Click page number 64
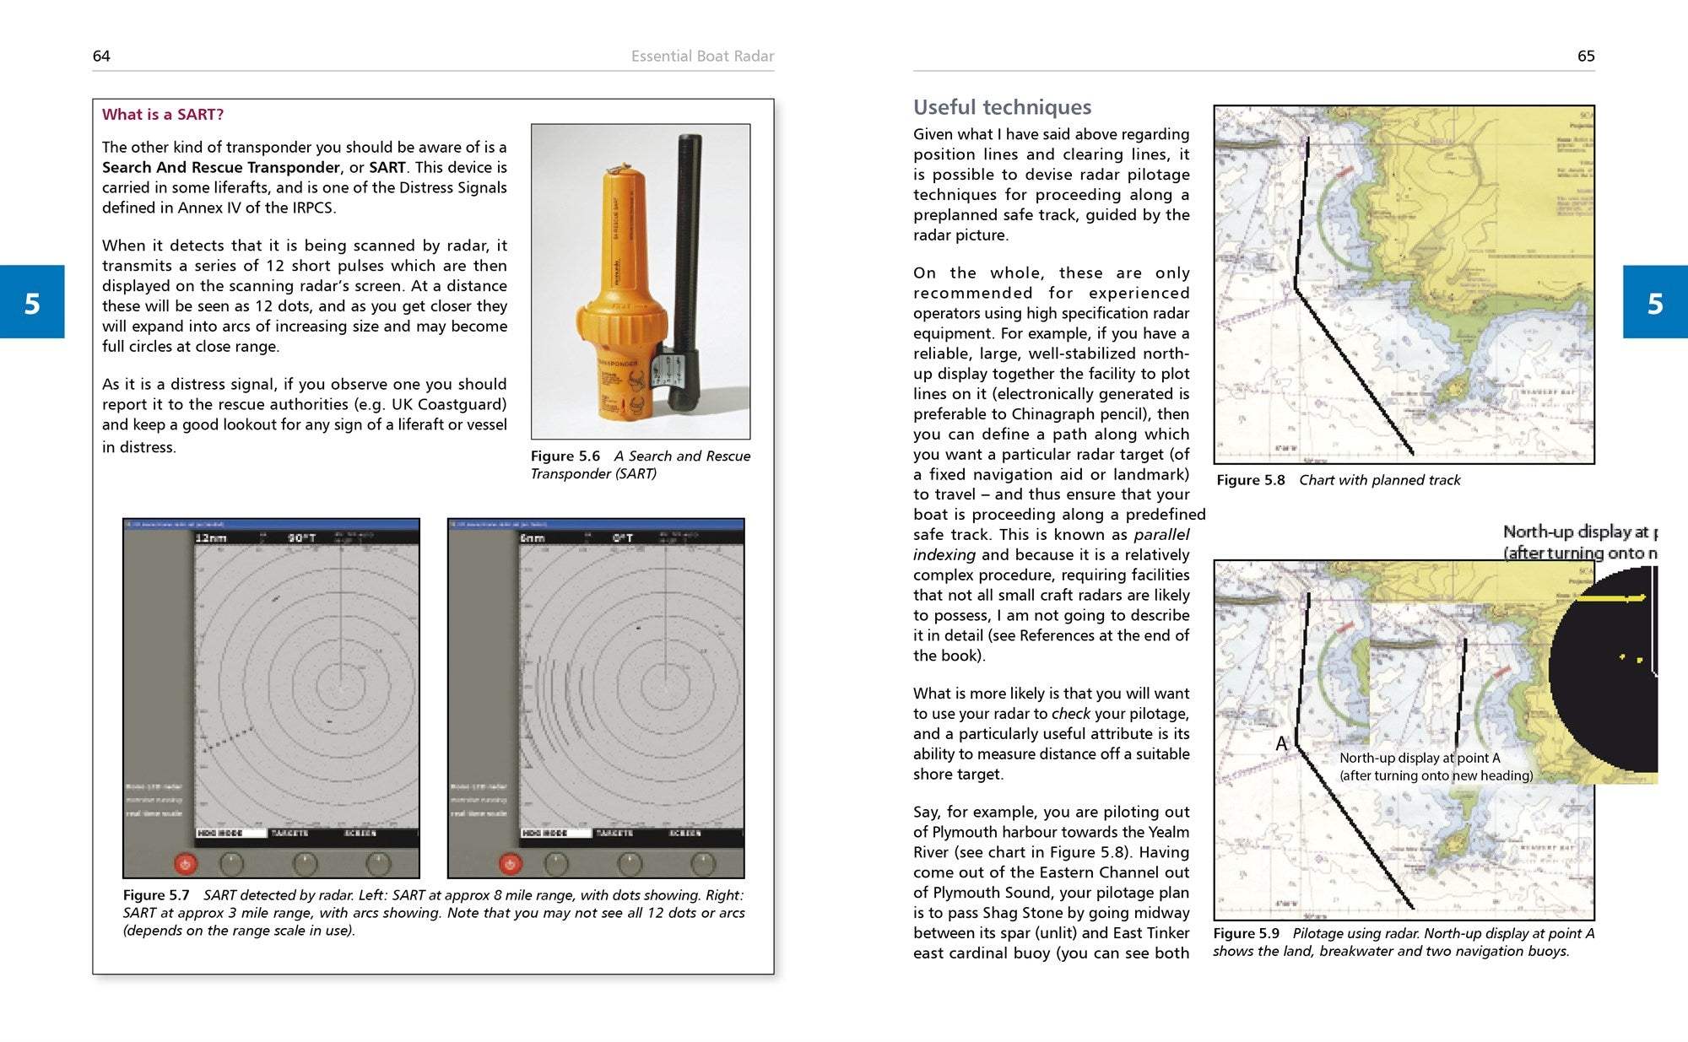click(x=101, y=57)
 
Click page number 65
click(x=1586, y=57)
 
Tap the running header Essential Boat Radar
click(x=702, y=57)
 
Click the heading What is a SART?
click(x=163, y=115)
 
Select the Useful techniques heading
click(x=1002, y=107)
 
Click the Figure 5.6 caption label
click(x=565, y=456)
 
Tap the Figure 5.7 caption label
click(x=156, y=895)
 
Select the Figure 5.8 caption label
click(x=1250, y=480)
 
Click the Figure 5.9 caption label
click(x=1246, y=933)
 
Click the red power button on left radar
click(x=186, y=863)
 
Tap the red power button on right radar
click(x=510, y=863)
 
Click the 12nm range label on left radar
click(x=210, y=537)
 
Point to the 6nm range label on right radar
click(x=533, y=537)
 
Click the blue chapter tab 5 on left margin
click(x=32, y=302)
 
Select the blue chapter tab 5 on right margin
click(x=1655, y=302)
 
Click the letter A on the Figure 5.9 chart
click(x=1281, y=743)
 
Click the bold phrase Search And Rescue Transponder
click(x=221, y=168)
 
